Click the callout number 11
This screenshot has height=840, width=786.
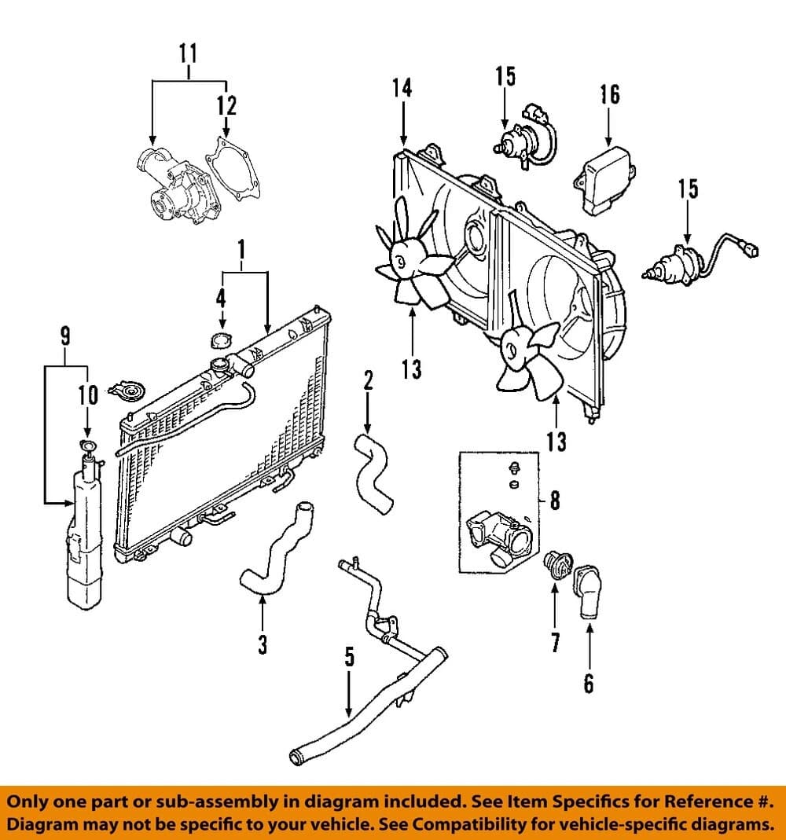(x=188, y=54)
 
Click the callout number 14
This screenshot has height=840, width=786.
(x=402, y=87)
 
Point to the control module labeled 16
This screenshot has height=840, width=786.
(x=606, y=178)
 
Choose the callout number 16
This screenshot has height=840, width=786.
(x=610, y=94)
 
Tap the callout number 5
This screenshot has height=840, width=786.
(x=349, y=657)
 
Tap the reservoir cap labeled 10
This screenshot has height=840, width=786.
(x=87, y=448)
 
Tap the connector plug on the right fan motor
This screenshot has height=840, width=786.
(x=754, y=251)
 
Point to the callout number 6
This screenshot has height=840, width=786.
(x=589, y=684)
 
